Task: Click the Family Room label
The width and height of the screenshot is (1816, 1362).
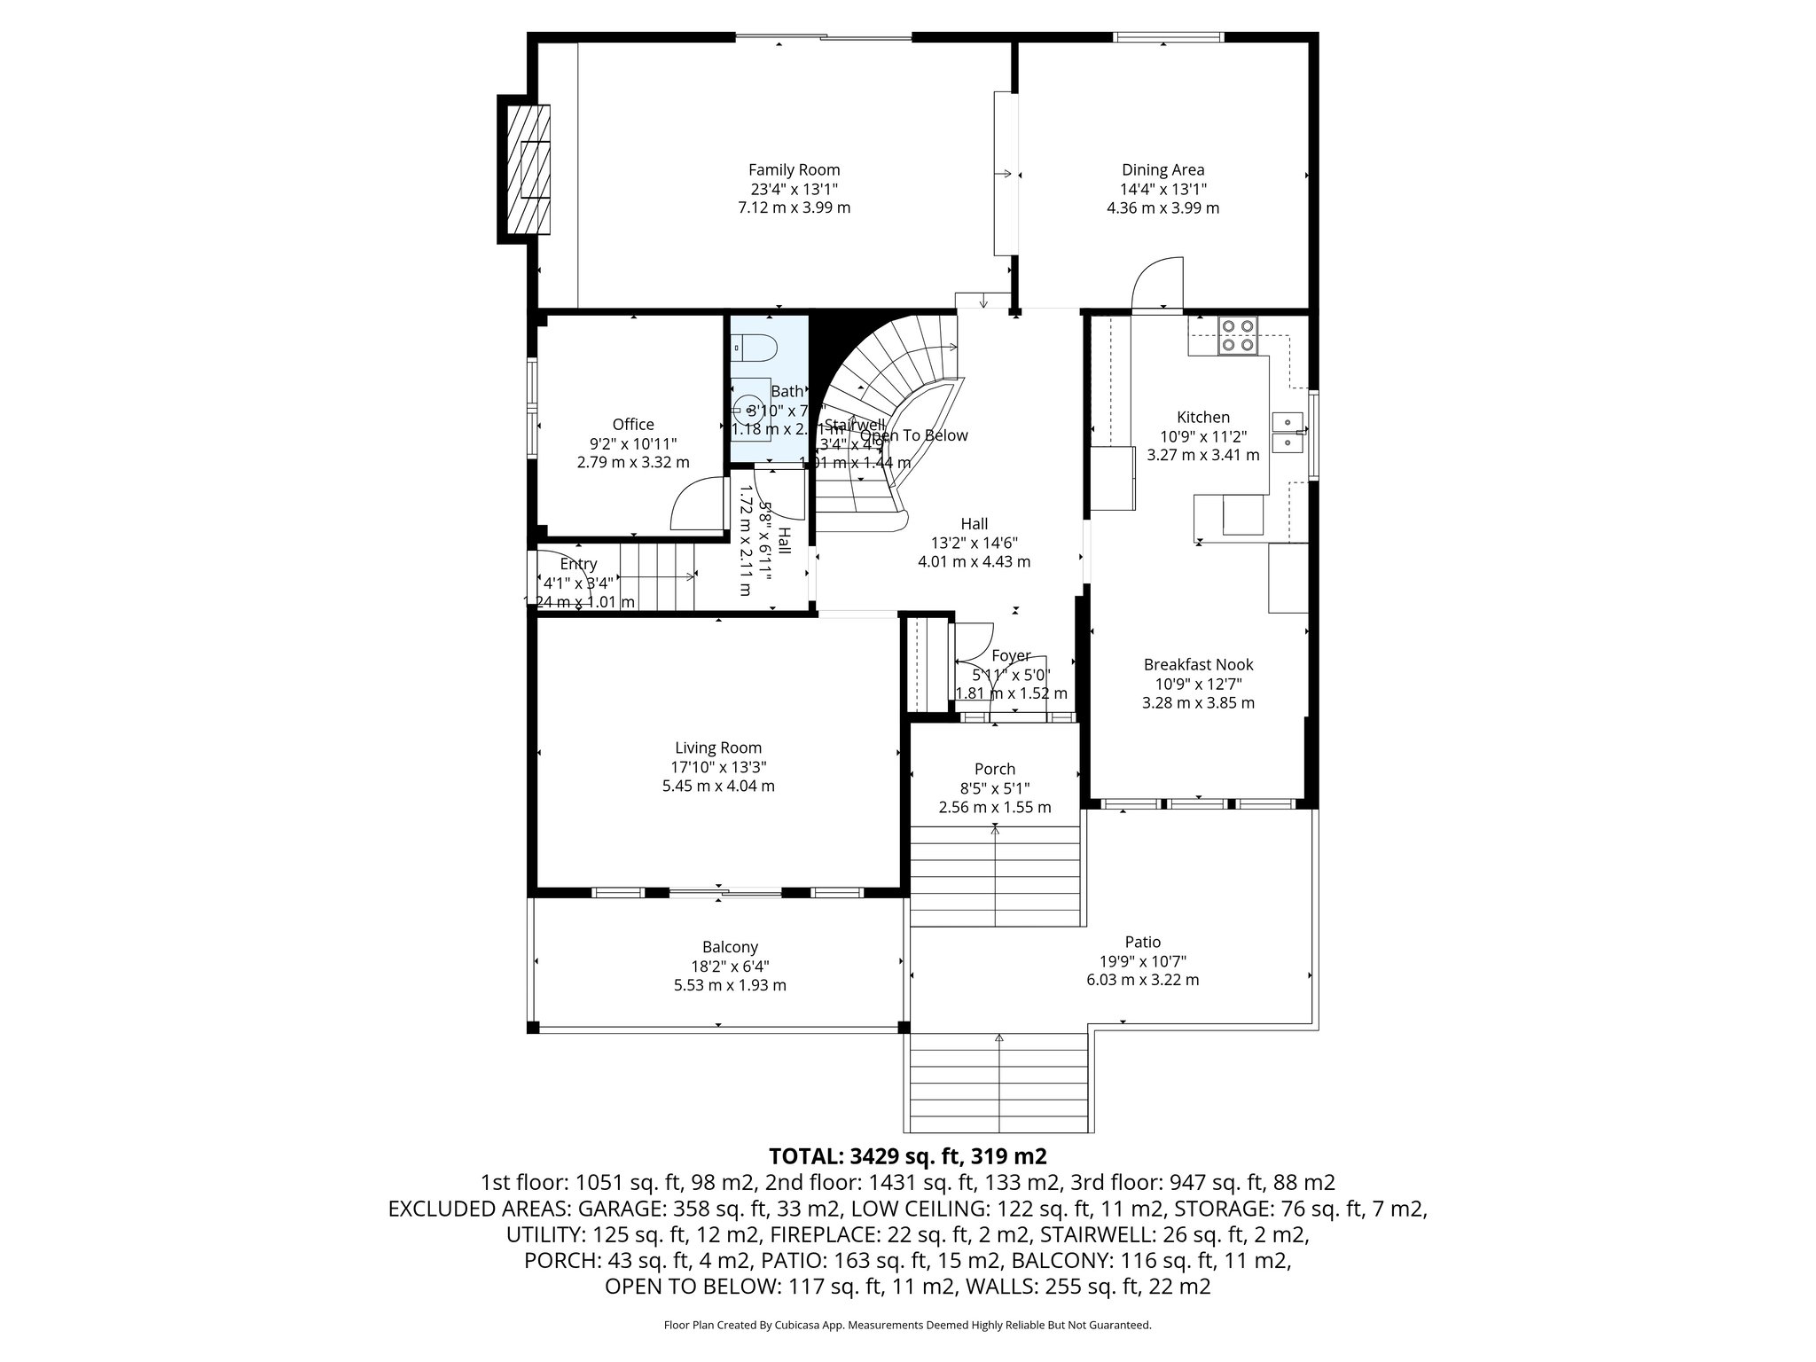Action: (794, 169)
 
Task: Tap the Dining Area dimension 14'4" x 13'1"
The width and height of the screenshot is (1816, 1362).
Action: (1162, 189)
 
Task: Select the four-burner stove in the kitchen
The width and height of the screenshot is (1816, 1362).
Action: (1238, 336)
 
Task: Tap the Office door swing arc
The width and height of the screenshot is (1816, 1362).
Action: (695, 501)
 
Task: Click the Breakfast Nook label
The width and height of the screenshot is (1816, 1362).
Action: (1198, 664)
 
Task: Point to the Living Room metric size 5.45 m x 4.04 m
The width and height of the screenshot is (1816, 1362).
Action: (718, 786)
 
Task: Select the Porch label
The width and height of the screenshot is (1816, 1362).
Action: (994, 769)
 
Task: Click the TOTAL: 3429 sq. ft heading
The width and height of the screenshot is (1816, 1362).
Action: (907, 1156)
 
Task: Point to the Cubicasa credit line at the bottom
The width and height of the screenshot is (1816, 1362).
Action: (907, 1325)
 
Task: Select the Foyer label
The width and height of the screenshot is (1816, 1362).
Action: (1011, 655)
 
